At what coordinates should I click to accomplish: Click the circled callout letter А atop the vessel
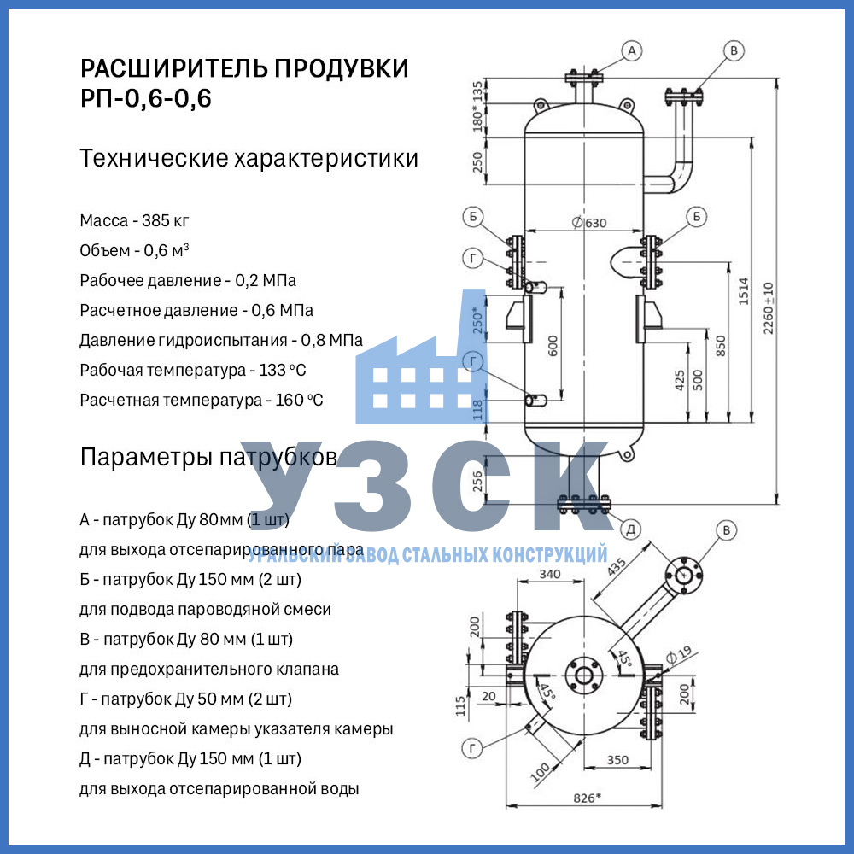(632, 51)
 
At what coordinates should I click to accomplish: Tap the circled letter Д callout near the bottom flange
(631, 529)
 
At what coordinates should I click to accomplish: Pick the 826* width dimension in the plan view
(586, 798)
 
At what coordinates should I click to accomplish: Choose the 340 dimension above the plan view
(550, 574)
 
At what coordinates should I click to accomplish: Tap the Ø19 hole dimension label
(678, 655)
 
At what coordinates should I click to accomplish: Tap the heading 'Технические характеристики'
(249, 159)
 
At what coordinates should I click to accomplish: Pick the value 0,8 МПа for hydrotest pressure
(331, 340)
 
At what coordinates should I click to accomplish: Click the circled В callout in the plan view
(725, 530)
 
